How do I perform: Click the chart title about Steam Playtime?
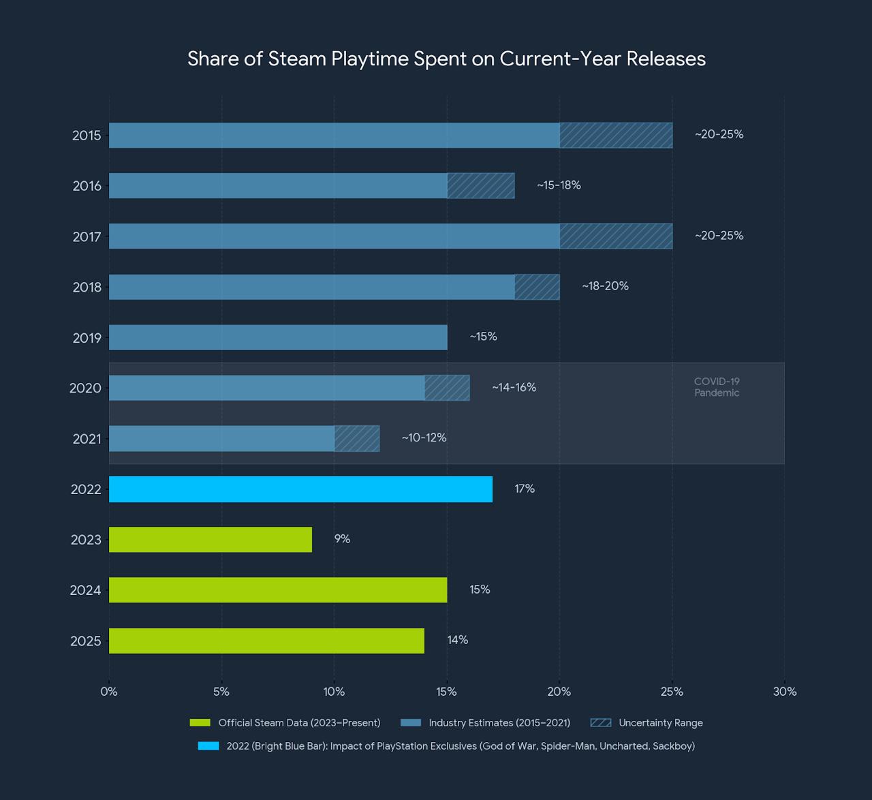tap(446, 59)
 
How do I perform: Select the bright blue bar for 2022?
tap(300, 489)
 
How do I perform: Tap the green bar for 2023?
tap(211, 540)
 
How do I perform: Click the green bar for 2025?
tap(266, 641)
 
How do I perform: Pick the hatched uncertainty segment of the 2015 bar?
tap(616, 135)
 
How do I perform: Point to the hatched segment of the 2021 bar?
tap(356, 438)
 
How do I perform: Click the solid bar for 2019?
tap(278, 337)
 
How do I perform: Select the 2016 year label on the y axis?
tap(87, 186)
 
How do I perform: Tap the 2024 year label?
tap(85, 590)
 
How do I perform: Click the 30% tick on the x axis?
tap(784, 692)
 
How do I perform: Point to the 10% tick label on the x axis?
tap(334, 692)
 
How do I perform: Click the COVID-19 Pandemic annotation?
tap(717, 387)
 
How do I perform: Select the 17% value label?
tap(525, 489)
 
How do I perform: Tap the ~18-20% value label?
tap(605, 286)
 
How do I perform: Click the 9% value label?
tap(342, 539)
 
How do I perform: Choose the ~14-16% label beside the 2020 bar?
tap(514, 388)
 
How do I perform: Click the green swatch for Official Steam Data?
tap(200, 723)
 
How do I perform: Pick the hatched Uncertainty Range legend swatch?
tap(601, 723)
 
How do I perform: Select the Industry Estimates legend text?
tap(499, 723)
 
